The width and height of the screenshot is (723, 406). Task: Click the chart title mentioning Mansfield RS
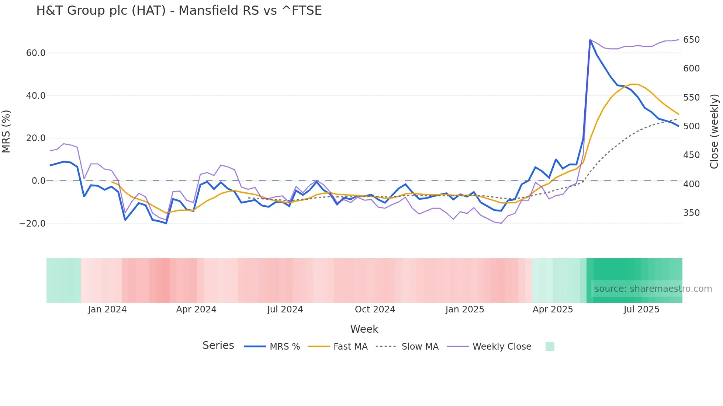click(179, 11)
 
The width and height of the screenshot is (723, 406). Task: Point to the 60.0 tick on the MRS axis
click(36, 53)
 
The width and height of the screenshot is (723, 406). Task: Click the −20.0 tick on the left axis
click(32, 224)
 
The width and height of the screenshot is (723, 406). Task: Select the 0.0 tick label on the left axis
click(38, 181)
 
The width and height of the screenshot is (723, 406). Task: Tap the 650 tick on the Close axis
click(691, 40)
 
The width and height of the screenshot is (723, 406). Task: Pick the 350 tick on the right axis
click(691, 213)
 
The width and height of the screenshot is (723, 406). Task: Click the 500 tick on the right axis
click(691, 126)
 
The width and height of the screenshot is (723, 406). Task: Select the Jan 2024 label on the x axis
click(107, 309)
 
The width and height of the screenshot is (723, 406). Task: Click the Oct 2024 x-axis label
click(375, 309)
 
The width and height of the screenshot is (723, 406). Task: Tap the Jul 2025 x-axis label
click(641, 309)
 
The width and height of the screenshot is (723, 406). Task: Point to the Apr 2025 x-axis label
click(553, 309)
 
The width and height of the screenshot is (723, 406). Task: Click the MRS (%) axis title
click(6, 132)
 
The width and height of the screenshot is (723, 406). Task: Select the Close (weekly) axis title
click(714, 132)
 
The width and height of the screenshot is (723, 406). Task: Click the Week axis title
click(364, 329)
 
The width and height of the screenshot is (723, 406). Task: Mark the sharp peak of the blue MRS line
click(590, 40)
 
